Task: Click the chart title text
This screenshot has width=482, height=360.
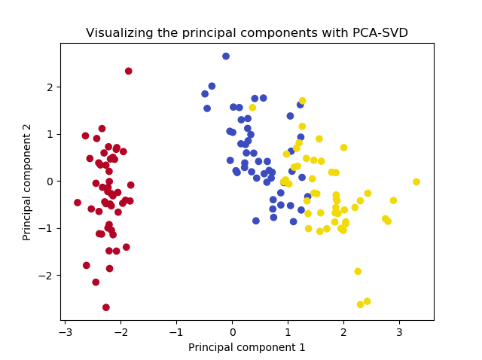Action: click(247, 33)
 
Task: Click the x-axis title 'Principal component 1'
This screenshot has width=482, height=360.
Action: click(247, 347)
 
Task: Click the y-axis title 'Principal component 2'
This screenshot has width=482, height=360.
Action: click(27, 182)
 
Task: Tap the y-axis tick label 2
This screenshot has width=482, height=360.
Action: click(50, 87)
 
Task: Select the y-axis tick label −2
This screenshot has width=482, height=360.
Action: click(47, 276)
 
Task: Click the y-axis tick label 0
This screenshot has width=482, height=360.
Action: click(50, 182)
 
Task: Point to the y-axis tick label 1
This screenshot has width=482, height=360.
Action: click(50, 134)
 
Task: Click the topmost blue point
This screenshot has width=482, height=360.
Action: click(226, 56)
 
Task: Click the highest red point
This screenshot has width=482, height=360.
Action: click(129, 72)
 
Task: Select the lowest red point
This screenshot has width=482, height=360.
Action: click(106, 307)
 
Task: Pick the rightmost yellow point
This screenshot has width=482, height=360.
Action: click(416, 182)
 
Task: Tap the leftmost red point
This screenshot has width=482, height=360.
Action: click(78, 203)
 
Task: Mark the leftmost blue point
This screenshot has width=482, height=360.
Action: click(205, 94)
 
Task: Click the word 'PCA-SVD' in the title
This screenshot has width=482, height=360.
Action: click(380, 33)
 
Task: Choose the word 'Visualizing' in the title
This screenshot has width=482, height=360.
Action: click(117, 33)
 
